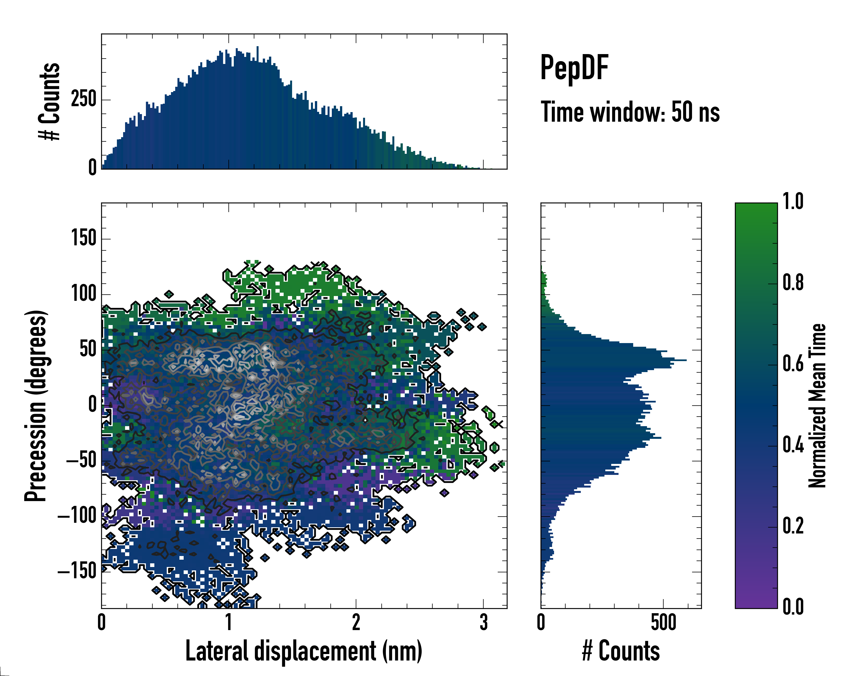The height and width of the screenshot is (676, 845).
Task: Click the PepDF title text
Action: click(574, 68)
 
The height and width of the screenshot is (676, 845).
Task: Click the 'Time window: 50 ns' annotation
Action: click(630, 112)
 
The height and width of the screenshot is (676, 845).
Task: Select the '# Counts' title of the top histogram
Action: click(49, 101)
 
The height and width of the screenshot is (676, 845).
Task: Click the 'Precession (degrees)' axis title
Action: click(36, 406)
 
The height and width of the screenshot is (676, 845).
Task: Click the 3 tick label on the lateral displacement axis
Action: click(484, 622)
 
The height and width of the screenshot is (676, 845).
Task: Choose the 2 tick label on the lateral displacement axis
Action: click(356, 622)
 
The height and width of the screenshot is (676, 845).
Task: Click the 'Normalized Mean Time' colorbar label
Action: click(817, 406)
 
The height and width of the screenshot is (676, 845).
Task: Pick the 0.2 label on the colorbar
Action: click(793, 526)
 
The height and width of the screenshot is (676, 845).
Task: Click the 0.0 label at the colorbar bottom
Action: click(793, 607)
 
